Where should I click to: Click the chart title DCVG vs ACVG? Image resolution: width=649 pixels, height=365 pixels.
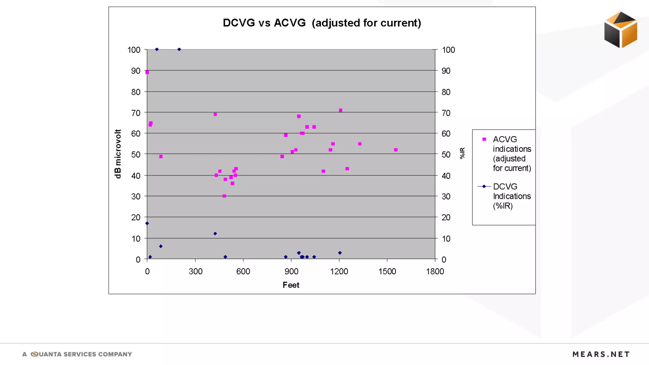322,23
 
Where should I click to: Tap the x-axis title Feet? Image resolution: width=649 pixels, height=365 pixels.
291,285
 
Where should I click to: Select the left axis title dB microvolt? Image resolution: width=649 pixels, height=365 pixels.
118,154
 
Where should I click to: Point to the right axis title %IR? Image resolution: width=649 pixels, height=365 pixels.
462,153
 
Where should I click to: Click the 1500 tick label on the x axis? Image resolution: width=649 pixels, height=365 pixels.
387,272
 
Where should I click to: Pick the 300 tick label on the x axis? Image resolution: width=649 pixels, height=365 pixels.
195,272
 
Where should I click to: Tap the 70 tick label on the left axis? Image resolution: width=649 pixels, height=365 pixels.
136,113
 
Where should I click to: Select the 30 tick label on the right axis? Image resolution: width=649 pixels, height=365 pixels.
446,196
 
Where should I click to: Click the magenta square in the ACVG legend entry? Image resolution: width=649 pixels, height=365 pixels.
484,139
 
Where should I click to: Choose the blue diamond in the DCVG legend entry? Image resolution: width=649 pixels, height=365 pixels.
484,186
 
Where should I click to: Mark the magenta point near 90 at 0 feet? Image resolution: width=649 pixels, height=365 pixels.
147,72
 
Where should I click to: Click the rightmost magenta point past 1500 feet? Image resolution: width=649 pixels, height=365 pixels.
396,150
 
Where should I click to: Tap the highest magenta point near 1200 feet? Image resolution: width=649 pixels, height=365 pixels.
341,111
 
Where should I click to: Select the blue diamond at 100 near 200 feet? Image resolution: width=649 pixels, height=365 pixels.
179,49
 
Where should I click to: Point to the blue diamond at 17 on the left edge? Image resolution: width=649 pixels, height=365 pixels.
147,223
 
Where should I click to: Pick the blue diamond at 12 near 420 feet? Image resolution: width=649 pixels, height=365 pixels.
215,234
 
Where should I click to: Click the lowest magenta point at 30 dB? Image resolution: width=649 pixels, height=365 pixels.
224,196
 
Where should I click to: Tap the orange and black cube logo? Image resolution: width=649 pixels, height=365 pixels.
620,30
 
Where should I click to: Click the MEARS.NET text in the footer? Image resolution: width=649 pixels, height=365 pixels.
601,354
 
